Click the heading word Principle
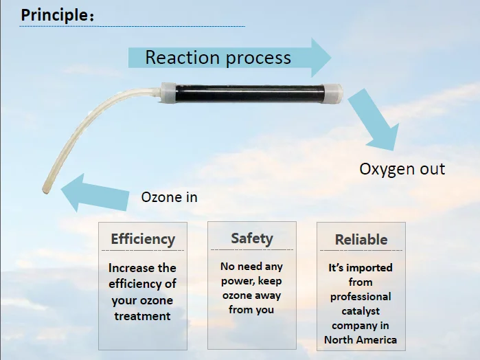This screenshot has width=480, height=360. [x=54, y=15]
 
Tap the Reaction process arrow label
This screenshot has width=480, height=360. [x=218, y=57]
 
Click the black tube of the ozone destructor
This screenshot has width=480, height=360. [x=249, y=93]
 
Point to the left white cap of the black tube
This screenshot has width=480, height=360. [x=168, y=93]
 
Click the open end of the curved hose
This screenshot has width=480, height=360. [x=46, y=190]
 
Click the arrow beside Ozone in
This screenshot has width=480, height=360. [x=95, y=194]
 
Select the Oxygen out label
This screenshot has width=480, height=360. [x=402, y=169]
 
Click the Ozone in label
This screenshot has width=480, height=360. [x=170, y=197]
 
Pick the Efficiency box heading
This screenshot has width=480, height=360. [x=143, y=239]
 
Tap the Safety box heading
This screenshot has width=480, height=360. [x=252, y=238]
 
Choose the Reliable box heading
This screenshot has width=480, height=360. [x=361, y=239]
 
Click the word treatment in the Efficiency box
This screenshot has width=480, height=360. [x=142, y=316]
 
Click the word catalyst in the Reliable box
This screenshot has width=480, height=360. [x=361, y=311]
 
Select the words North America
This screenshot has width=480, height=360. [x=361, y=339]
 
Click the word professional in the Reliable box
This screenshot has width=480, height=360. [x=361, y=297]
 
